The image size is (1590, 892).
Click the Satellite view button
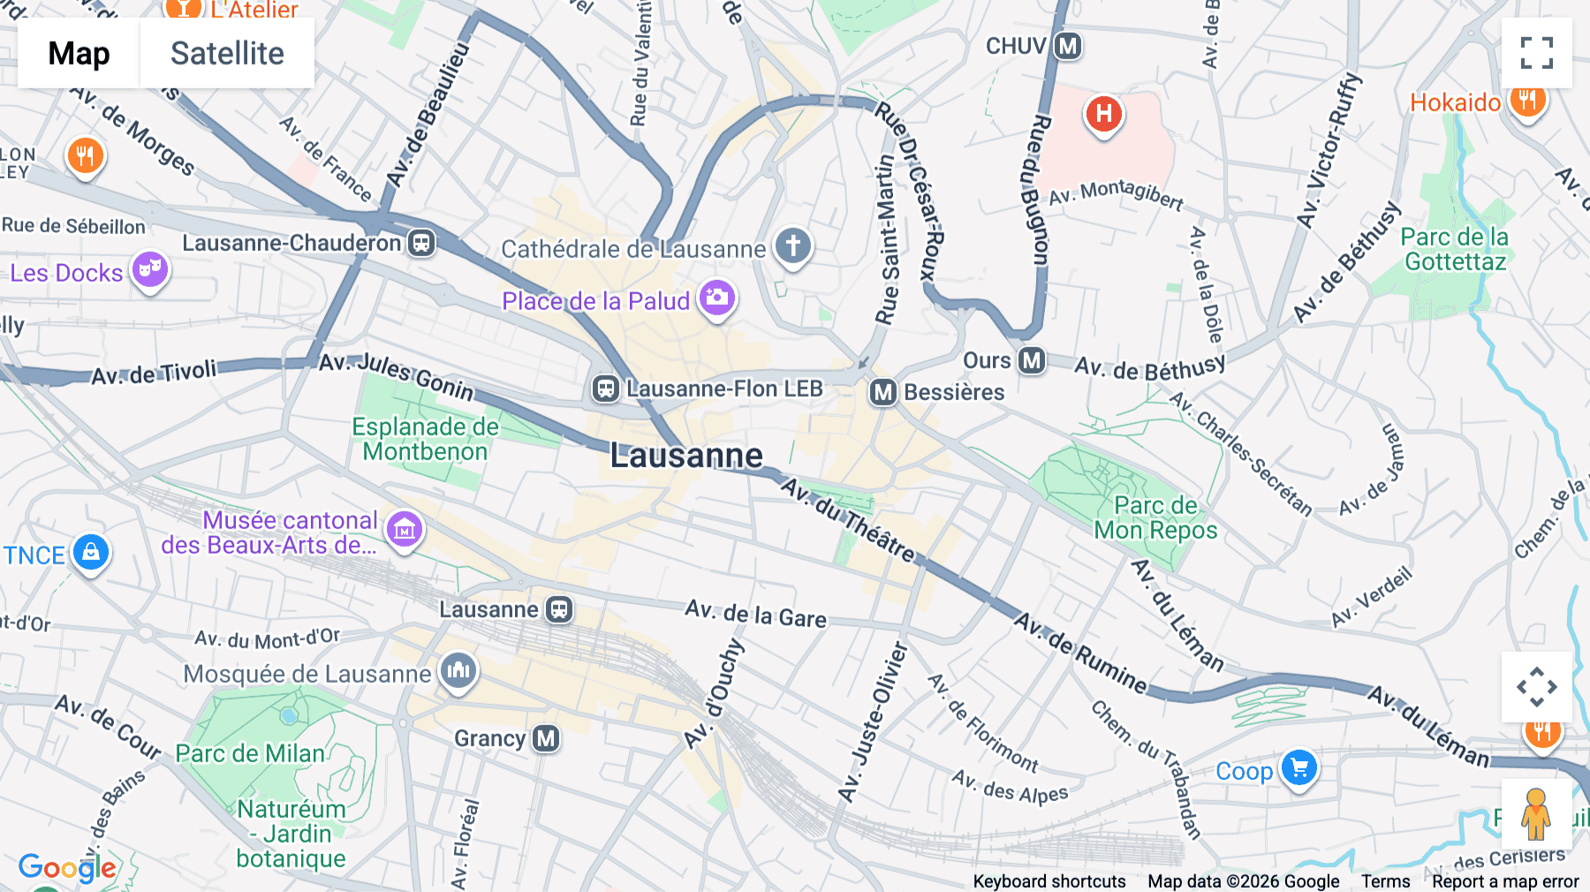tap(227, 53)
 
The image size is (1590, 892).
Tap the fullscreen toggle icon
tap(1536, 53)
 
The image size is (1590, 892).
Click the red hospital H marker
tap(1103, 114)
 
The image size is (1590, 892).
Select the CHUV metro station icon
tap(1068, 46)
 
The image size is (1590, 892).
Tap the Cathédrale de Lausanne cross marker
tap(792, 246)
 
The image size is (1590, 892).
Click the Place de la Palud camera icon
tap(716, 298)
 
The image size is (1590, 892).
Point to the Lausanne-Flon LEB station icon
tap(605, 389)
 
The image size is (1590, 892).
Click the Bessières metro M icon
tap(882, 392)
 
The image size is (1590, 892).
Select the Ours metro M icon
tap(1031, 360)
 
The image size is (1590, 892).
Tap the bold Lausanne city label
tap(686, 456)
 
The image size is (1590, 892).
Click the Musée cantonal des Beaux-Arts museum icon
tap(405, 529)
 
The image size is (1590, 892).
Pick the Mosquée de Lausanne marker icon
tap(458, 671)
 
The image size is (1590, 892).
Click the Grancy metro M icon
tap(545, 738)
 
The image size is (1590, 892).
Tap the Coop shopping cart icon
tap(1298, 767)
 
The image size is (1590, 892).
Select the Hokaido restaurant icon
tap(1526, 100)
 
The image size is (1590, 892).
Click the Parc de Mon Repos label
tap(1155, 518)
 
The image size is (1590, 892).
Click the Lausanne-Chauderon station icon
tap(421, 243)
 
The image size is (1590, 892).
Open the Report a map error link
tap(1504, 881)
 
